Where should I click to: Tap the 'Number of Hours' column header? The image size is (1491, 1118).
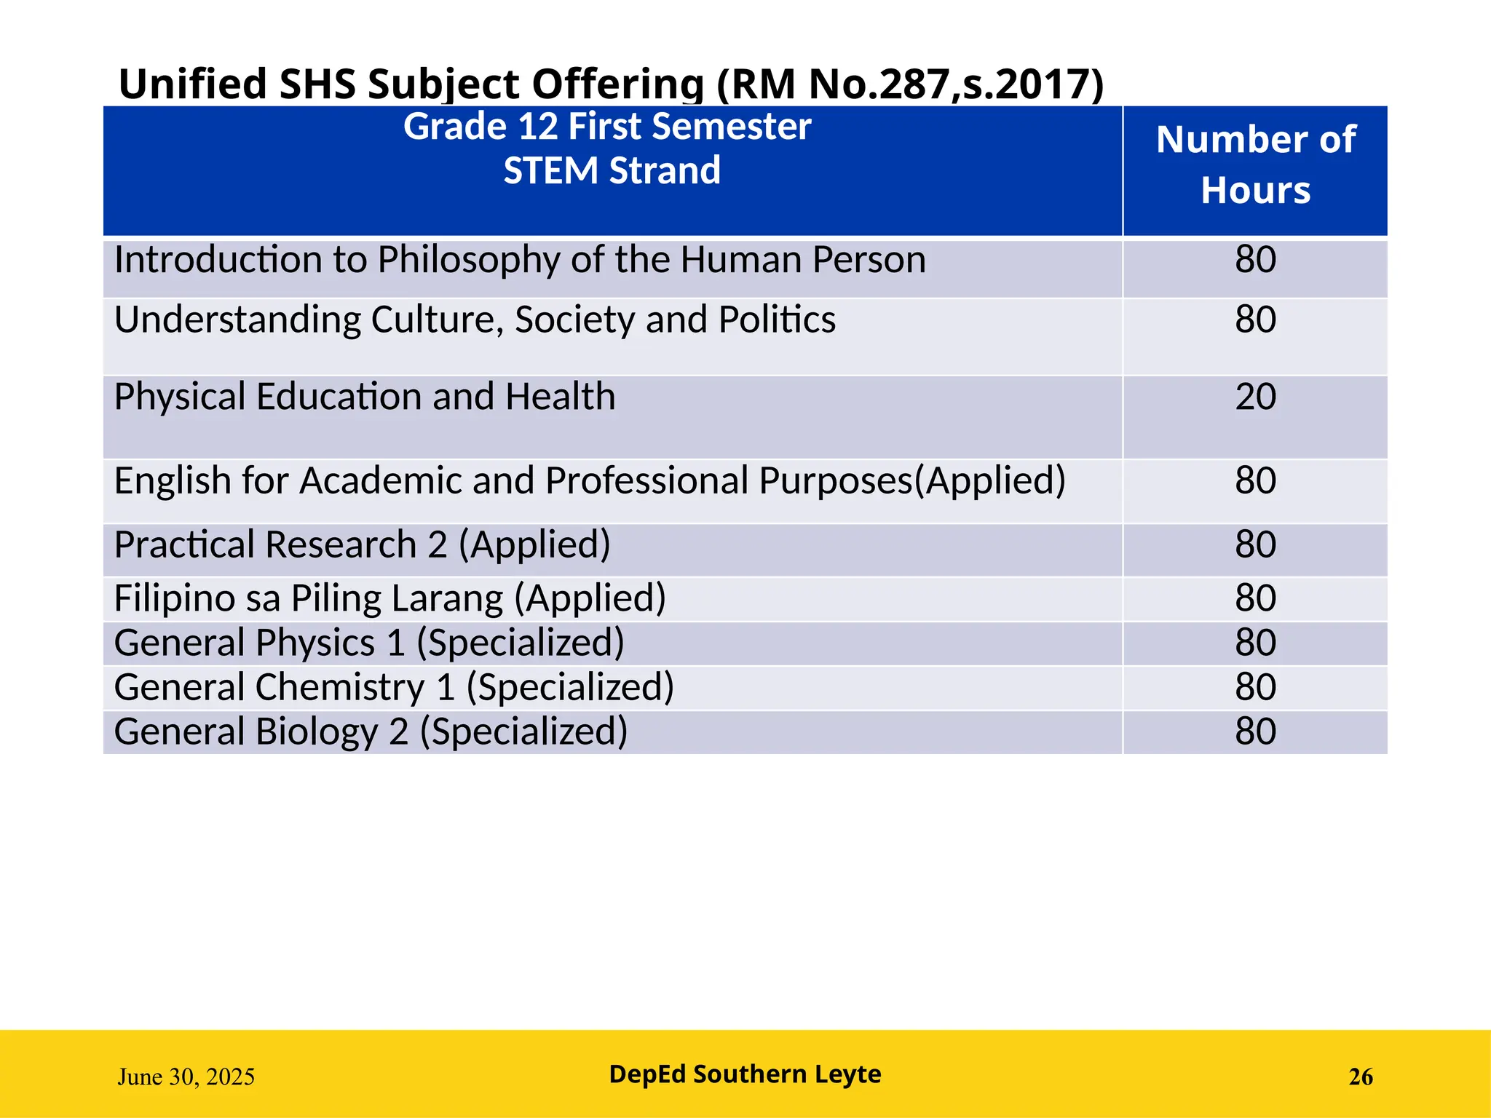tap(1255, 164)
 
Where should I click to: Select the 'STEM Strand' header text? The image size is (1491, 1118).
tap(612, 171)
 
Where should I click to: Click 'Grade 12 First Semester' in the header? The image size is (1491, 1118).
tap(607, 127)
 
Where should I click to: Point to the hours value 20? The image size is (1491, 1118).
tap(1255, 397)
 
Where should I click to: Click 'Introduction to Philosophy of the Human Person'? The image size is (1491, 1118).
tap(520, 260)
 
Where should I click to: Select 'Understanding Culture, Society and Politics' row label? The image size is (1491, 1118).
tap(475, 320)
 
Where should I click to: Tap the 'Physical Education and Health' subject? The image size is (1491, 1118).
tap(365, 397)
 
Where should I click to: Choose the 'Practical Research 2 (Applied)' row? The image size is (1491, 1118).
tap(362, 545)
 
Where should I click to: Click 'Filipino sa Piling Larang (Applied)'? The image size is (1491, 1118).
tap(389, 598)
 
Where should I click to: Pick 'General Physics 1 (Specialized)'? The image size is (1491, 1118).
tap(369, 643)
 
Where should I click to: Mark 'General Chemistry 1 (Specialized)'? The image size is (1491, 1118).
tap(394, 688)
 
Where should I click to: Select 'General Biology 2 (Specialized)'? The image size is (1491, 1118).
tap(371, 732)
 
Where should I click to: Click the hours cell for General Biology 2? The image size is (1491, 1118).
tap(1255, 732)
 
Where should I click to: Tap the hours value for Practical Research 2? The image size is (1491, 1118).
tap(1255, 545)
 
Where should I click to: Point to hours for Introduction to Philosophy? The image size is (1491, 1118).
tap(1255, 260)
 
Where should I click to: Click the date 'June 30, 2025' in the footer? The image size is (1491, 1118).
tap(186, 1077)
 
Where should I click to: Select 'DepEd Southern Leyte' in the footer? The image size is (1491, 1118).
tap(745, 1074)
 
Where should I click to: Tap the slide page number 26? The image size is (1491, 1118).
tap(1360, 1077)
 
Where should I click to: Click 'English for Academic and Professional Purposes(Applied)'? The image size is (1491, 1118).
tap(590, 481)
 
